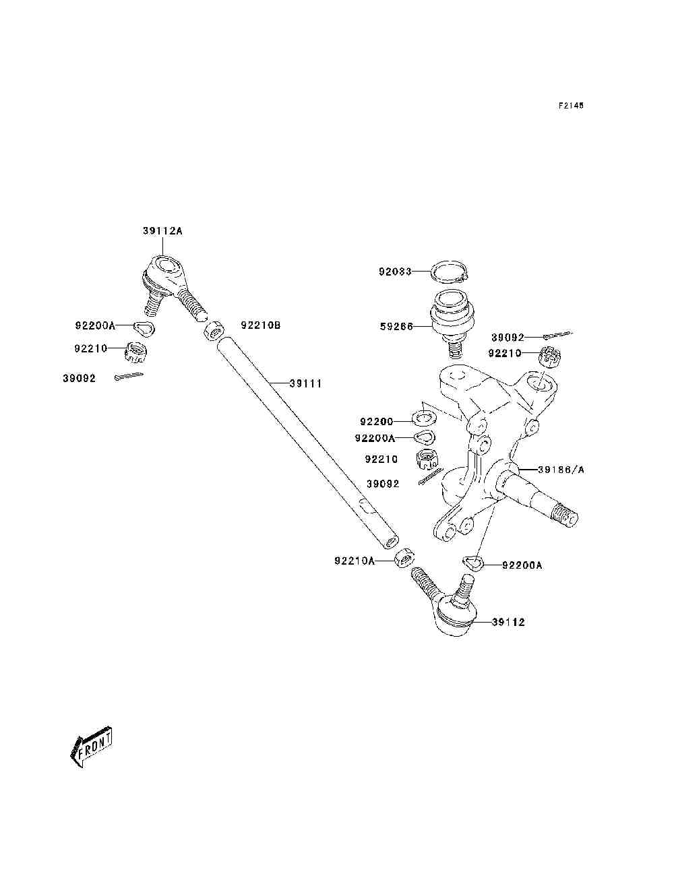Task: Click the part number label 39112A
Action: [162, 231]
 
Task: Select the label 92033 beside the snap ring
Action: [395, 272]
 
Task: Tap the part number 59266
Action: [395, 327]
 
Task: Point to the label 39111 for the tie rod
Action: [305, 383]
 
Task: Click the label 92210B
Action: [260, 325]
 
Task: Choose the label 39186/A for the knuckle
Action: [561, 469]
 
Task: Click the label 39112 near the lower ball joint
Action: [508, 622]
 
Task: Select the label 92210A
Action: [354, 560]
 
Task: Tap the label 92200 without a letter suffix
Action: [376, 422]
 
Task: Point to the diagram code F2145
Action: [570, 106]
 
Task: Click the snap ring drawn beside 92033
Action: [451, 273]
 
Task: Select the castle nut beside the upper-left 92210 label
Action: [136, 351]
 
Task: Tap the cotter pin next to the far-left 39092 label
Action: [129, 377]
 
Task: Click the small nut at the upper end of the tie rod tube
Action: [214, 331]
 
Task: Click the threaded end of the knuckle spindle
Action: [565, 517]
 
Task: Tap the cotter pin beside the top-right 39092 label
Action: [557, 335]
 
